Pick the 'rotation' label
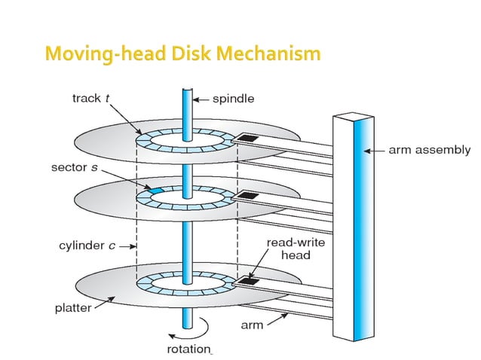point(189,349)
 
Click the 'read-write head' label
point(290,249)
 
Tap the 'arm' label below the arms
point(253,325)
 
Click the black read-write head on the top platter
point(248,140)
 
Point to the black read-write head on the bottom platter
point(248,282)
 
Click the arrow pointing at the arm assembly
point(375,150)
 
